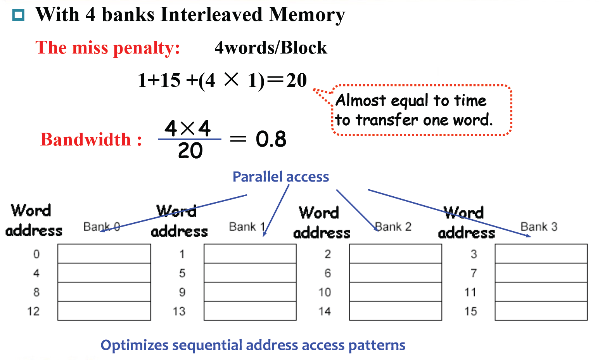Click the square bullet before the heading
click(x=18, y=16)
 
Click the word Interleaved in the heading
click(x=211, y=15)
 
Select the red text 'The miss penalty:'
click(x=107, y=48)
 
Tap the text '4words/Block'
click(x=271, y=48)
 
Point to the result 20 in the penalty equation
click(x=296, y=80)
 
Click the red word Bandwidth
click(x=86, y=140)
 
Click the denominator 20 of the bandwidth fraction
click(x=190, y=151)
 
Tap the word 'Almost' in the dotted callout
click(x=361, y=100)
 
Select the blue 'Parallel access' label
click(x=280, y=177)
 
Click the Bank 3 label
click(x=539, y=227)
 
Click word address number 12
click(x=33, y=311)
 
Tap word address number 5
click(x=182, y=273)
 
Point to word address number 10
click(x=325, y=292)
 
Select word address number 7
click(x=474, y=273)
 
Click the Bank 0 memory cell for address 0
click(x=104, y=254)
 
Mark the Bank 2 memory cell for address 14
click(x=395, y=311)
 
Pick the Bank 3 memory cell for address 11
click(x=541, y=292)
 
